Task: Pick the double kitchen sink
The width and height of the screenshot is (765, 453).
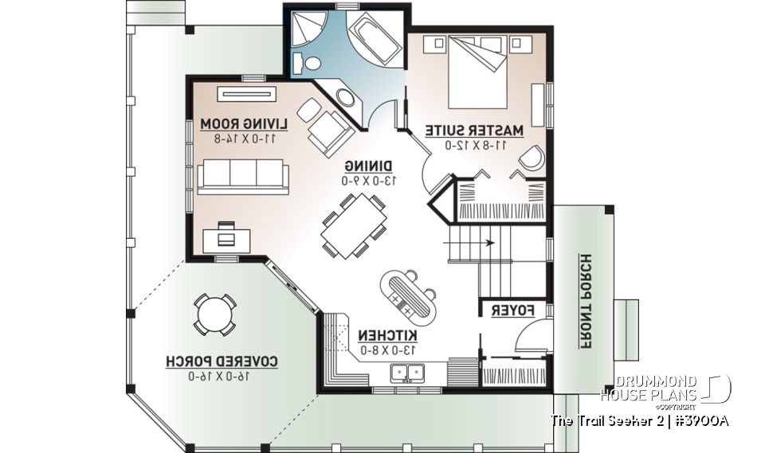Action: point(409,373)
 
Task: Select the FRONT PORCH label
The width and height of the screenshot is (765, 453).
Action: point(586,302)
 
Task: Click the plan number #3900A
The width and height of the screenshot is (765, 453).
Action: point(702,420)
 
